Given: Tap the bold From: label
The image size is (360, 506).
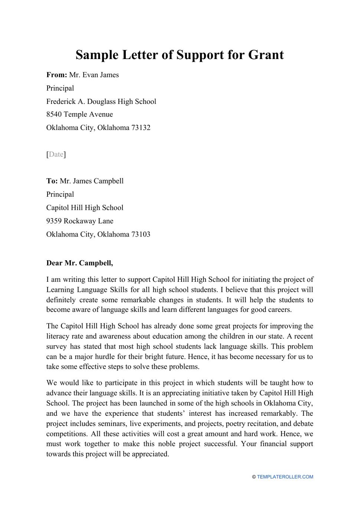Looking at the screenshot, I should [56, 75].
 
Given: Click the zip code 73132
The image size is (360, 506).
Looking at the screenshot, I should [141, 128].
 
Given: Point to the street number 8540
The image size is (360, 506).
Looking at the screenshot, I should [54, 114].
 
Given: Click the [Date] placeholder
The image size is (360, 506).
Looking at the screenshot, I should [56, 154].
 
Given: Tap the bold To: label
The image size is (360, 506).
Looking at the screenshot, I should [52, 181].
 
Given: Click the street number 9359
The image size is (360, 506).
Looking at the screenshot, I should [54, 221].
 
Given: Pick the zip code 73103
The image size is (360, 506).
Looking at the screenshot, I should [141, 235].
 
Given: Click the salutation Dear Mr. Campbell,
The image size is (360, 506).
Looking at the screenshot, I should [79, 263].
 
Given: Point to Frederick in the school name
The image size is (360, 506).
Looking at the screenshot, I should [61, 102].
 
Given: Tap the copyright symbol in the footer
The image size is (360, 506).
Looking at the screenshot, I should [254, 477].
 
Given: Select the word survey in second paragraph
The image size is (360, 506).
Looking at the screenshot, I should [56, 347].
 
